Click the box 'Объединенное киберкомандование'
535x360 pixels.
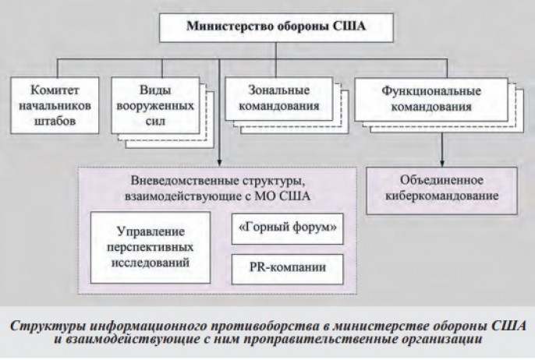(x=444, y=189)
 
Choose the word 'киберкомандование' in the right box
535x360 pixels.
(x=444, y=196)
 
